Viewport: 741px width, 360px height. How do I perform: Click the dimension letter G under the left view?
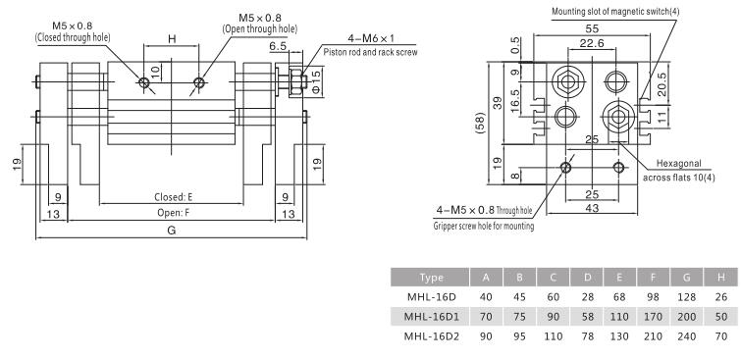pos(172,231)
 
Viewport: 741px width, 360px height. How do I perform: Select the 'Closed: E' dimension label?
pos(174,197)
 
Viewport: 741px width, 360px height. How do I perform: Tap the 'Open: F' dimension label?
pos(173,212)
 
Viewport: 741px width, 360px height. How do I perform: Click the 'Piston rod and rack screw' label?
pos(357,51)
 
